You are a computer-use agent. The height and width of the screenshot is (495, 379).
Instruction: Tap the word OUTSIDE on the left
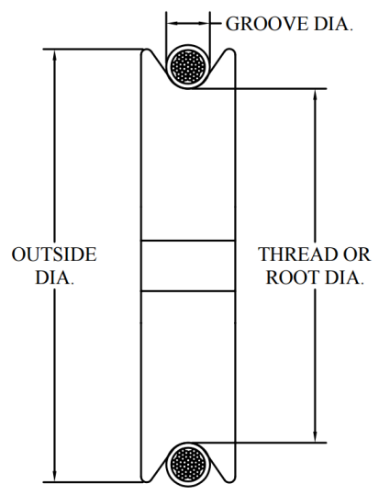pyautogui.click(x=54, y=254)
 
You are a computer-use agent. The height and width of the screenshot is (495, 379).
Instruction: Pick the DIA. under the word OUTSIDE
pyautogui.click(x=54, y=277)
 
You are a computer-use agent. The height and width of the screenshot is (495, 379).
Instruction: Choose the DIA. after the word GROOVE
pyautogui.click(x=333, y=24)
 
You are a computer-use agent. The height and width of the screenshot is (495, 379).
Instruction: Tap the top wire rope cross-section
pyautogui.click(x=188, y=67)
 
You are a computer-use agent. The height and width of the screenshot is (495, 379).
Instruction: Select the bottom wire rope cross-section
pyautogui.click(x=188, y=465)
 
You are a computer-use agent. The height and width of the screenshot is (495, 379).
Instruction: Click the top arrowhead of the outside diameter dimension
pyautogui.click(x=54, y=55)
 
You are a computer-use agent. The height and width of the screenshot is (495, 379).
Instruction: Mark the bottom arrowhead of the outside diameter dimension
pyautogui.click(x=54, y=476)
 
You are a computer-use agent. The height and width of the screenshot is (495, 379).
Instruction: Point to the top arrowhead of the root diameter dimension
pyautogui.click(x=315, y=95)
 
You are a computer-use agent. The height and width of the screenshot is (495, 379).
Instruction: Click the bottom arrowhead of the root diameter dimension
pyautogui.click(x=315, y=436)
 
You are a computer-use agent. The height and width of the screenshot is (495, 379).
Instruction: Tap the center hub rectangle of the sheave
pyautogui.click(x=188, y=265)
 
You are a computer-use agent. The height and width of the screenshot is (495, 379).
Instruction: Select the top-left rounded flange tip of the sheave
pyautogui.click(x=147, y=51)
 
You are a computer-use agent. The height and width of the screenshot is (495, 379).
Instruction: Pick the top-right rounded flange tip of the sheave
pyautogui.click(x=229, y=51)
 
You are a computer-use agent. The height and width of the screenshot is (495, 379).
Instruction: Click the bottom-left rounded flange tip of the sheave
pyautogui.click(x=147, y=479)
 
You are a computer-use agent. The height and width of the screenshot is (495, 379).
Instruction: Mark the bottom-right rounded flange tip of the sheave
pyautogui.click(x=229, y=479)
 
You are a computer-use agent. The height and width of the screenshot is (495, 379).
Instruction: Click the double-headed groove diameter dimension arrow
pyautogui.click(x=188, y=23)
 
